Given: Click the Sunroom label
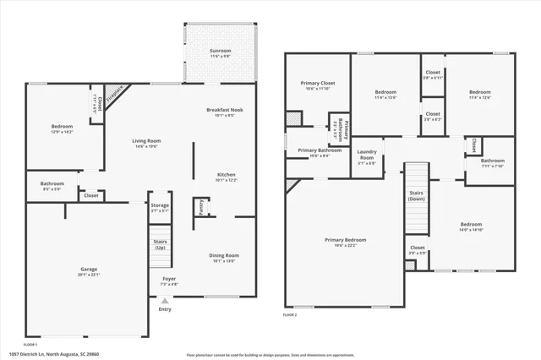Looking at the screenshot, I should pos(219,52).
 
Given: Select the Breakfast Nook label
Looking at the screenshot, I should pos(224,111).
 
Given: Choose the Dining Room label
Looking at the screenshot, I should pos(225,255).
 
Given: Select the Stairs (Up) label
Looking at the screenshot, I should pos(160,244).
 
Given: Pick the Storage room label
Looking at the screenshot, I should pos(160,205).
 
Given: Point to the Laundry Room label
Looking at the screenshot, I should pos(367,155).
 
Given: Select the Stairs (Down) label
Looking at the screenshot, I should pos(417,196).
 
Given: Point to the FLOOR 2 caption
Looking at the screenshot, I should pos(291,314).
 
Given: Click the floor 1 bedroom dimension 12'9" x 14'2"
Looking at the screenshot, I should pos(63,132).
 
